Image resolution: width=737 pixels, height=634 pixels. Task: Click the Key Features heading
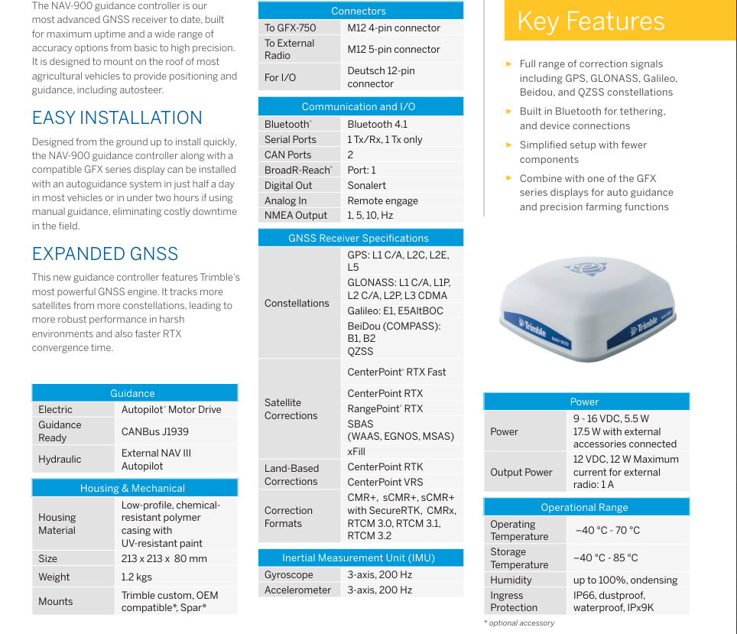click(590, 21)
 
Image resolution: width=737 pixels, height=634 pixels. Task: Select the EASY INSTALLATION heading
click(117, 118)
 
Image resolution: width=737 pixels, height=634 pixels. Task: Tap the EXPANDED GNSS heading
click(105, 254)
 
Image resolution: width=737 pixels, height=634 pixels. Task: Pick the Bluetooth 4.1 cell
click(378, 124)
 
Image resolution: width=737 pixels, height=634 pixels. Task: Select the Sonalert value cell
click(367, 185)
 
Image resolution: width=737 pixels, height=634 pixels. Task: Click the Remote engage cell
click(382, 200)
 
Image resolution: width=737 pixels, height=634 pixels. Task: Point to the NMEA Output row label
click(296, 216)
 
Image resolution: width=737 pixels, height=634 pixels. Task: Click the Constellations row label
click(297, 303)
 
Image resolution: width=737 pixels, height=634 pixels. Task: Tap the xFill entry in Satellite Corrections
click(356, 451)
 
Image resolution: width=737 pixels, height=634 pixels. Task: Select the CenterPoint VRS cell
click(385, 482)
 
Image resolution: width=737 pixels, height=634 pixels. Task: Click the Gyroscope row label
click(289, 574)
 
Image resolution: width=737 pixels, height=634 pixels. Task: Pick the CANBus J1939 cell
click(155, 431)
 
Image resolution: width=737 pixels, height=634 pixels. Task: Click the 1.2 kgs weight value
click(137, 577)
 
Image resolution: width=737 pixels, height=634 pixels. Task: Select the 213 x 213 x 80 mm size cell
click(164, 558)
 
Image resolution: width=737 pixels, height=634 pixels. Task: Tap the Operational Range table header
click(584, 507)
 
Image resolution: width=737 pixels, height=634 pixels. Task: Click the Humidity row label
click(511, 580)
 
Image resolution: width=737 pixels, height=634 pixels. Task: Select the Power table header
click(584, 402)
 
